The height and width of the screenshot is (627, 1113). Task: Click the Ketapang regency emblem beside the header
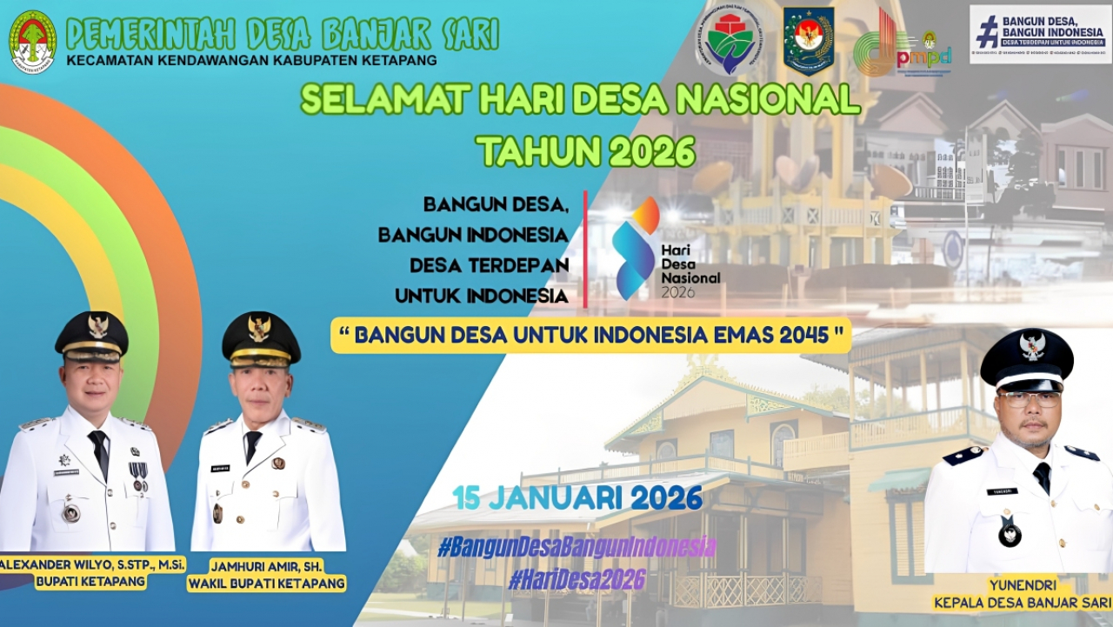coord(33,42)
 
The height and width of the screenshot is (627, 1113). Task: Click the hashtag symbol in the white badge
coord(987,32)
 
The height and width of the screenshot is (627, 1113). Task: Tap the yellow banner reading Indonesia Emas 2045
coord(590,335)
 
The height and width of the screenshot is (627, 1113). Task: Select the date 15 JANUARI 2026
coord(577,498)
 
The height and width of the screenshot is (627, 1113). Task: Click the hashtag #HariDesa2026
coord(576,579)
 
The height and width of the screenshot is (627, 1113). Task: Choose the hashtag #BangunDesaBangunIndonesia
coord(576,547)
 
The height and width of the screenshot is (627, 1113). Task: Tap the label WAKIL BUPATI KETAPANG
coord(266,583)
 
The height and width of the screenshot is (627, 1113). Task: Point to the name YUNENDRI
coord(1021,584)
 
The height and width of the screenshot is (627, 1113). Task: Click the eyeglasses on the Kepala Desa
coord(1030,399)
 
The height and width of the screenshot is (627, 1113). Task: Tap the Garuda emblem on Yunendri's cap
coord(1031,345)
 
